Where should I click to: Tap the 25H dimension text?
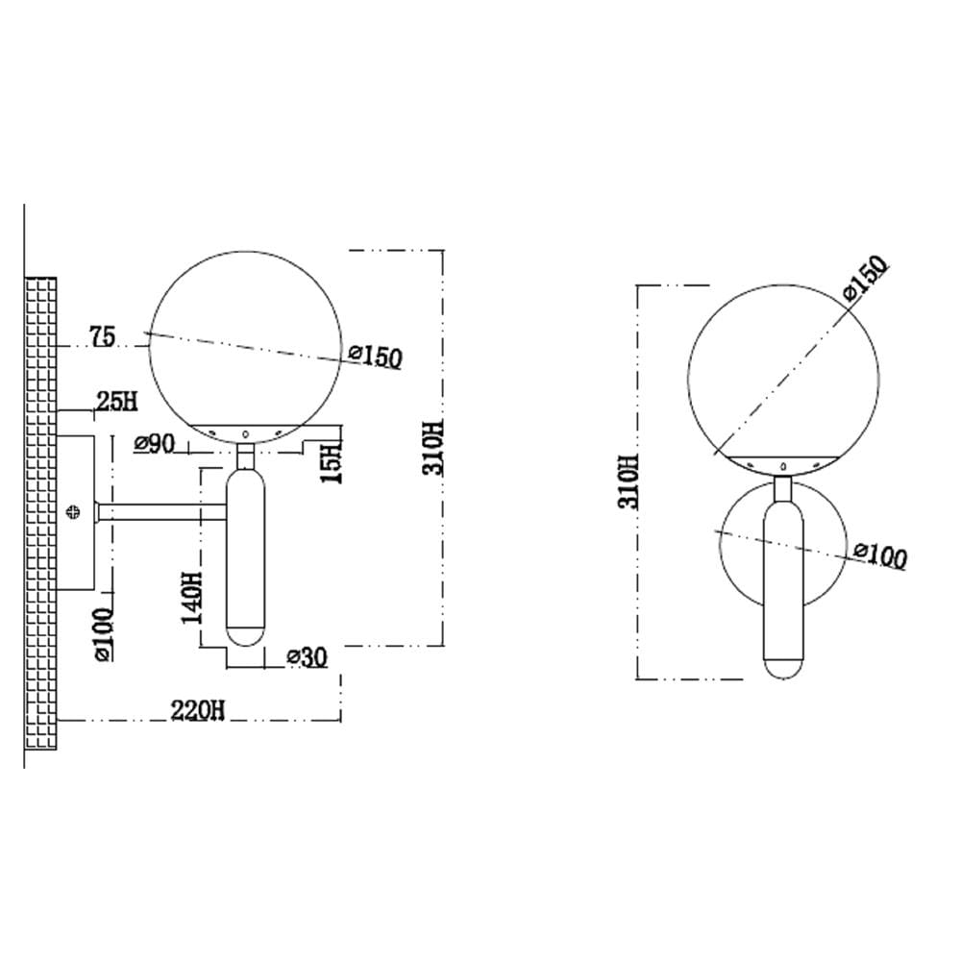point(117,402)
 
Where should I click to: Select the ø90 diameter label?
point(155,443)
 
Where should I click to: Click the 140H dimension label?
point(192,597)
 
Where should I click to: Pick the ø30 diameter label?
point(308,657)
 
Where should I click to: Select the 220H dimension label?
point(197,710)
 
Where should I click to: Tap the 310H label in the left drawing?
point(432,448)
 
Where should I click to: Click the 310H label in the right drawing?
point(628,481)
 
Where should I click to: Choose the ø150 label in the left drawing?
point(375,357)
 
